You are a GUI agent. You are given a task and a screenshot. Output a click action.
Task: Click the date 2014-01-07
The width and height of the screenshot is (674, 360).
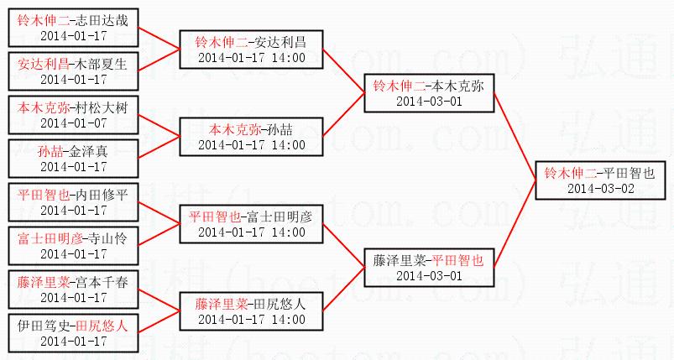pyautogui.click(x=74, y=123)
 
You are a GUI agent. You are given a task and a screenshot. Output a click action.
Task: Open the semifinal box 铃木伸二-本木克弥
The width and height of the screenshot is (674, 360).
pyautogui.click(x=428, y=93)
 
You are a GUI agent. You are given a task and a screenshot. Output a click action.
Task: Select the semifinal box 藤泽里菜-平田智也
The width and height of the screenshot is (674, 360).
pyautogui.click(x=428, y=268)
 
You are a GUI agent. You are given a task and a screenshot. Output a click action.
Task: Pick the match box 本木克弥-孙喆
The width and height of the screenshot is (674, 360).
pyautogui.click(x=251, y=137)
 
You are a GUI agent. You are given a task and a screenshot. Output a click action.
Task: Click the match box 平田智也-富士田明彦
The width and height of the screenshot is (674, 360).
pyautogui.click(x=251, y=224)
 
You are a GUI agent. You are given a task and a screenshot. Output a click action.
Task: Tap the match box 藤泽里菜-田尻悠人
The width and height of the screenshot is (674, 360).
pyautogui.click(x=251, y=311)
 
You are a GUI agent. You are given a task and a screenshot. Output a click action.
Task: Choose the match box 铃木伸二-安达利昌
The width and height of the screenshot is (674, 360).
pyautogui.click(x=251, y=50)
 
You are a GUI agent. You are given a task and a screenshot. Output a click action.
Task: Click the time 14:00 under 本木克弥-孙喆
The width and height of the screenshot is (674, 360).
pyautogui.click(x=288, y=144)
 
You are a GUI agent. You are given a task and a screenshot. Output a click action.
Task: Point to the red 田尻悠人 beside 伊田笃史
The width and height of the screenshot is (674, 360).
pyautogui.click(x=102, y=326)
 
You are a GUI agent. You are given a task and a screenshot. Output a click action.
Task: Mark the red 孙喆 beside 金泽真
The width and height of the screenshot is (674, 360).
pyautogui.click(x=49, y=151)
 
